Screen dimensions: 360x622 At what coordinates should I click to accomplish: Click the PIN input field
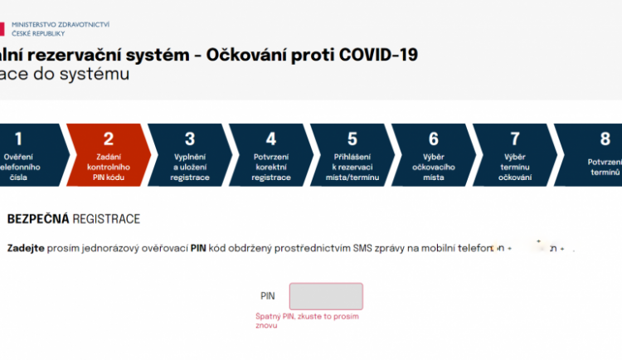pyautogui.click(x=326, y=296)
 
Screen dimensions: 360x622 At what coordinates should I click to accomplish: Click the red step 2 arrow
pyautogui.click(x=109, y=154)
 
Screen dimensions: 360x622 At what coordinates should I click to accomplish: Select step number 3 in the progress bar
pyautogui.click(x=190, y=139)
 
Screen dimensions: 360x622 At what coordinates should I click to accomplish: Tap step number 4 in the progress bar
pyautogui.click(x=271, y=139)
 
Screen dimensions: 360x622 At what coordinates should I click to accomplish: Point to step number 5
pyautogui.click(x=352, y=139)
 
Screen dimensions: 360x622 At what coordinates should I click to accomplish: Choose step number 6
pyautogui.click(x=434, y=139)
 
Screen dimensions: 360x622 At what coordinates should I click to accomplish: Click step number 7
pyautogui.click(x=515, y=139)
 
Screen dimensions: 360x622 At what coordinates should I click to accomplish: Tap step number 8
pyautogui.click(x=605, y=139)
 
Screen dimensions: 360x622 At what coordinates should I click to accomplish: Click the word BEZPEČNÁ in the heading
pyautogui.click(x=37, y=219)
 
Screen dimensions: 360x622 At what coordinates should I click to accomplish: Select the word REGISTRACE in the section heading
pyautogui.click(x=106, y=219)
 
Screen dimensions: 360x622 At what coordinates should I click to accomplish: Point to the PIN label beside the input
pyautogui.click(x=267, y=296)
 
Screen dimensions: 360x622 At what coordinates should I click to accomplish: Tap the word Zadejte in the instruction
pyautogui.click(x=26, y=249)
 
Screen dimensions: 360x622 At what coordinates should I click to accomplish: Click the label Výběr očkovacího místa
pyautogui.click(x=434, y=167)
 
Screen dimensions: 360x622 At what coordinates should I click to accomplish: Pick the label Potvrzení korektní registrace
pyautogui.click(x=271, y=167)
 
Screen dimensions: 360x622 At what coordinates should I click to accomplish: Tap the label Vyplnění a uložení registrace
pyautogui.click(x=190, y=167)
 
